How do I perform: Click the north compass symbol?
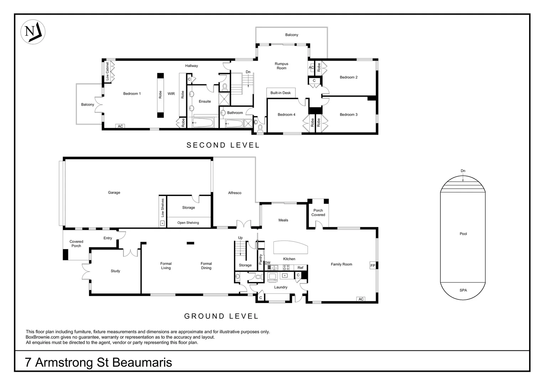(x=33, y=32)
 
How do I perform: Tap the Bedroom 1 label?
(x=132, y=94)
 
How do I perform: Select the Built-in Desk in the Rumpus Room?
(x=281, y=93)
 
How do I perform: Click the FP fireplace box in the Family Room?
(x=373, y=265)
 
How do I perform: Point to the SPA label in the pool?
(x=463, y=290)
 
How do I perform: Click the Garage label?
(x=114, y=192)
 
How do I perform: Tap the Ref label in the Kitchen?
(x=300, y=267)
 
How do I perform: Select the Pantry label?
(x=261, y=259)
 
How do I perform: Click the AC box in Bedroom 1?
(x=120, y=126)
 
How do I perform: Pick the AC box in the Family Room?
(x=361, y=299)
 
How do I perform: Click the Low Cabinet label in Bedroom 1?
(x=108, y=71)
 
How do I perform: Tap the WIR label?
(x=171, y=94)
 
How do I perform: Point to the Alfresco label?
(x=235, y=193)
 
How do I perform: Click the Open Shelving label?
(x=188, y=222)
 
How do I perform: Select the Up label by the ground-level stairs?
(x=240, y=238)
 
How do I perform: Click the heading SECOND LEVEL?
(x=223, y=145)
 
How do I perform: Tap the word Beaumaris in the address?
(x=142, y=363)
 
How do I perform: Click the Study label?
(x=115, y=271)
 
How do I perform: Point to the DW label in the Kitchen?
(x=268, y=263)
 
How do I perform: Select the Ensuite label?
(x=205, y=101)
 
